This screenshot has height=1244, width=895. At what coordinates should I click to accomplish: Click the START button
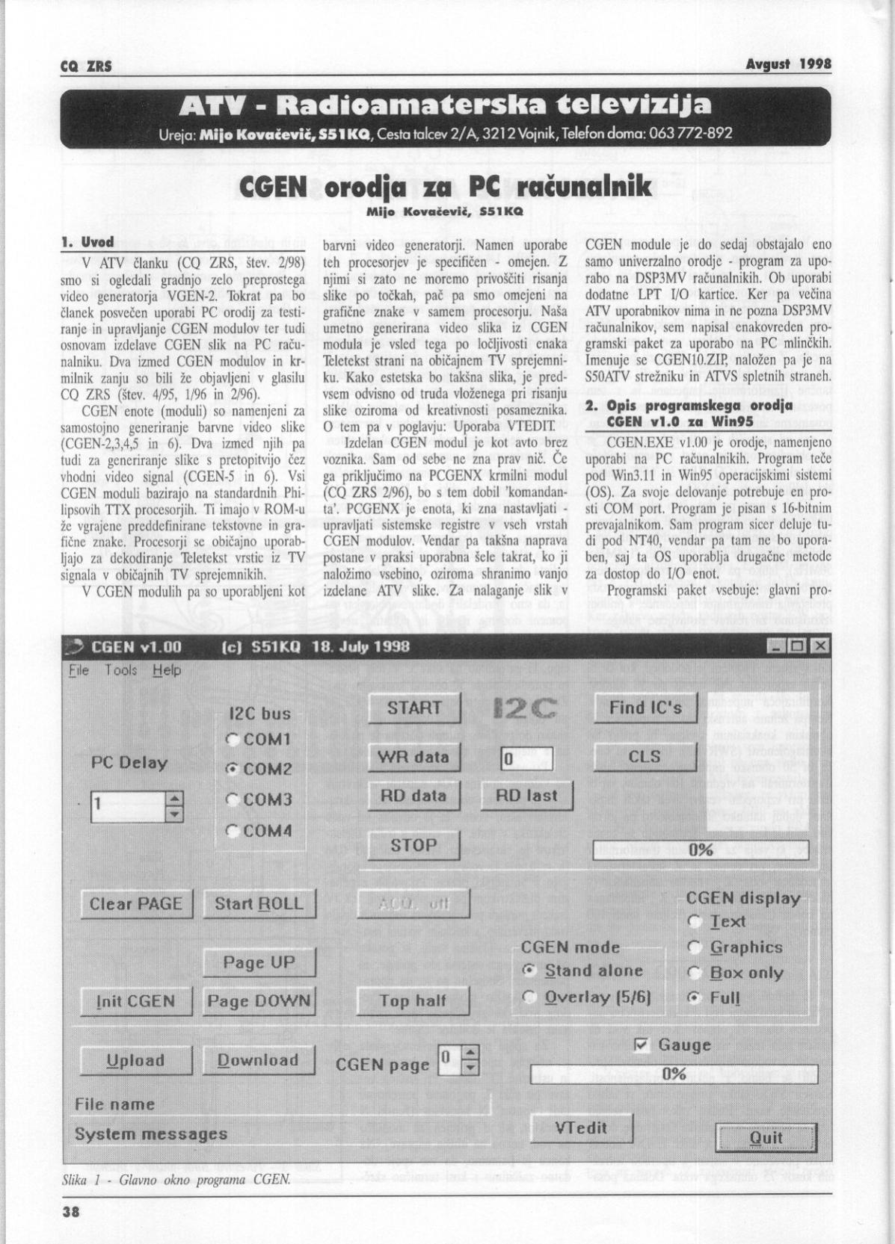coord(413,708)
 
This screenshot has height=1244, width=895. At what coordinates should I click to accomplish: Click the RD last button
coord(526,796)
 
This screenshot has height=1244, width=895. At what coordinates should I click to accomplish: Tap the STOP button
coord(413,845)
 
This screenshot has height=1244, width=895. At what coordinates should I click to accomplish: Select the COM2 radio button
coord(233,769)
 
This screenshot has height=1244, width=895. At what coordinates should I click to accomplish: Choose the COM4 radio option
coord(233,830)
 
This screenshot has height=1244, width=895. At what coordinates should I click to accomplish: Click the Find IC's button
coord(645,708)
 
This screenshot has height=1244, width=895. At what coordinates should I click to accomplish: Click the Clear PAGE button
coord(136,904)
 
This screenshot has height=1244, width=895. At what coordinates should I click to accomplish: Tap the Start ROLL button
coord(259,904)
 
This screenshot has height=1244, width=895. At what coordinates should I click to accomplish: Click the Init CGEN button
coord(136,1001)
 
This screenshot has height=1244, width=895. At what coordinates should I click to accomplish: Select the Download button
coord(259,1060)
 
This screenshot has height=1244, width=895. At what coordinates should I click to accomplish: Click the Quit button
coord(766,1139)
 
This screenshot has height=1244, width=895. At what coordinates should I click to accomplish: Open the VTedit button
coord(581,1127)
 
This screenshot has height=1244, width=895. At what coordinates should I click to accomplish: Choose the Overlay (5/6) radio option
coord(530,997)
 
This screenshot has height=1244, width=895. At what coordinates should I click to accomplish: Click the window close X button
coord(820,646)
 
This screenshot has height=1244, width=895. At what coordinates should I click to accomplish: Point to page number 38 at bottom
coord(70,1213)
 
